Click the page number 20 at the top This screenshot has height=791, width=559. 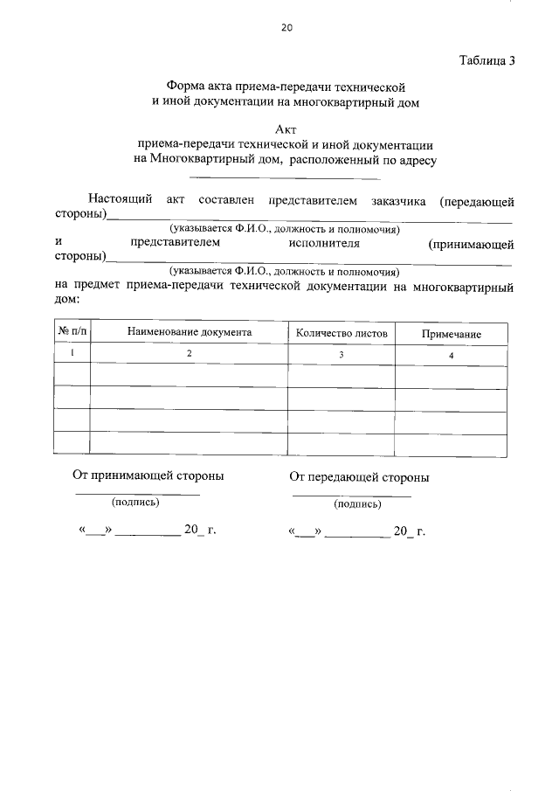click(x=286, y=28)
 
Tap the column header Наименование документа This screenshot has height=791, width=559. click(x=190, y=333)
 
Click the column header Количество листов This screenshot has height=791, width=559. click(x=342, y=333)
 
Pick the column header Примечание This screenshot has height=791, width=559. click(x=452, y=335)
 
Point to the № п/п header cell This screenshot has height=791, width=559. click(x=72, y=332)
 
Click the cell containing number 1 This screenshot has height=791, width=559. click(x=72, y=353)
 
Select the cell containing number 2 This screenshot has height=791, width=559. click(x=189, y=354)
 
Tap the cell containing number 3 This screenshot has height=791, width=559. click(x=342, y=355)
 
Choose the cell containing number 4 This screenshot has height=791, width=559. click(x=451, y=356)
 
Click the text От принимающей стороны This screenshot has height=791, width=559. click(x=148, y=476)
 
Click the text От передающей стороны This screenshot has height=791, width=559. click(x=359, y=478)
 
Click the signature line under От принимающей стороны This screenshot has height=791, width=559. click(x=137, y=495)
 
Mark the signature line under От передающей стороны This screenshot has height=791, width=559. click(x=351, y=496)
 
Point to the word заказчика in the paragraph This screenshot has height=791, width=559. click(x=397, y=201)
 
